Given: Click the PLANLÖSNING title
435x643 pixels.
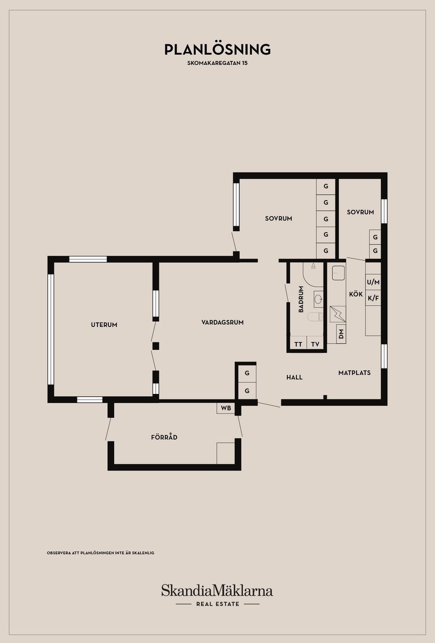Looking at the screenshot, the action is (x=217, y=49).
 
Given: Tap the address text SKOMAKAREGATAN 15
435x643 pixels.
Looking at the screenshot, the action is (x=217, y=63).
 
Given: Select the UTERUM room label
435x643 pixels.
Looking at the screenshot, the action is (x=104, y=325).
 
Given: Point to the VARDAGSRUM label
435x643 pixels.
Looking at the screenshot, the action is (x=222, y=322).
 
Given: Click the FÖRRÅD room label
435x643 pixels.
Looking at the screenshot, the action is (x=164, y=437).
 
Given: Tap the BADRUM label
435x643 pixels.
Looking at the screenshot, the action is (x=301, y=299).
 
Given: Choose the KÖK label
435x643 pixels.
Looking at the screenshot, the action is (x=356, y=294).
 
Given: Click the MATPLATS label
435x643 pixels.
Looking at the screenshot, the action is (x=354, y=373).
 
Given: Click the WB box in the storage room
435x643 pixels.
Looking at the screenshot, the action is (x=226, y=408).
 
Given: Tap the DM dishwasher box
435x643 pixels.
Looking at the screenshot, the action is (x=341, y=334).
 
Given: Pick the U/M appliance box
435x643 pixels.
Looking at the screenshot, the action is (x=373, y=283).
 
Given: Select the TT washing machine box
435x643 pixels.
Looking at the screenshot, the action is (x=298, y=344).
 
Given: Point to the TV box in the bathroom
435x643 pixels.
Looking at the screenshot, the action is (x=315, y=344).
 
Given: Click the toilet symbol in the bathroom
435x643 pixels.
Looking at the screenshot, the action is (x=315, y=317).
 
